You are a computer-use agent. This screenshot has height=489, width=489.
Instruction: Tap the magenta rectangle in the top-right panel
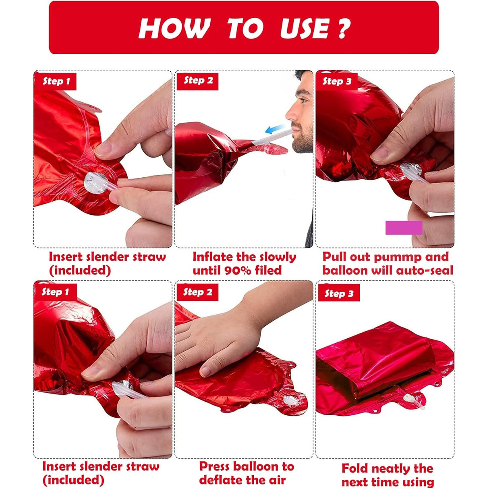[x=404, y=227]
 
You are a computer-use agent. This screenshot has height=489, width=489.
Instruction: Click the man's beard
[x=303, y=137]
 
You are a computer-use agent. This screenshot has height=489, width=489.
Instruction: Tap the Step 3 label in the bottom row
[x=339, y=294]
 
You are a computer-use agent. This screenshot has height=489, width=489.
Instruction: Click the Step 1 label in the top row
[x=56, y=81]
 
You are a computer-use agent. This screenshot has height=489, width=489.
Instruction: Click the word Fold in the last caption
[x=354, y=461]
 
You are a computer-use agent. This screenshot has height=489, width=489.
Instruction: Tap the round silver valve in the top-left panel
[x=96, y=183]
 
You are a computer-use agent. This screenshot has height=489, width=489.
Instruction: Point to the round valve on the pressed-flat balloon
[x=290, y=400]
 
